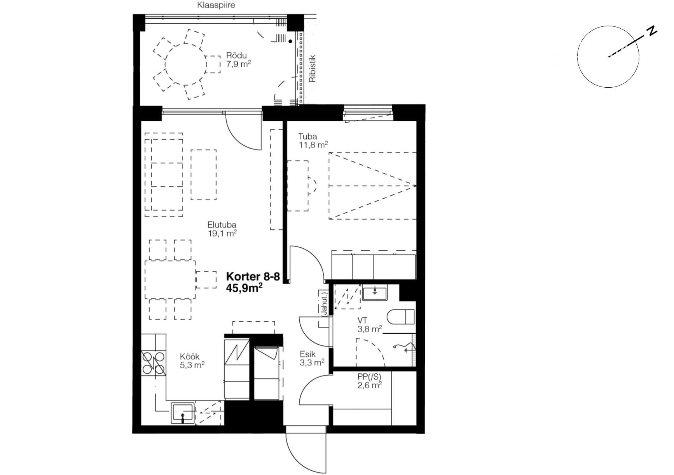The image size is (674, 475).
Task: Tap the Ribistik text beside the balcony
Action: [312, 69]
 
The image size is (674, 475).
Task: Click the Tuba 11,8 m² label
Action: [313, 140]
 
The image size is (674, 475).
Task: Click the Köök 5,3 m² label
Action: [192, 361]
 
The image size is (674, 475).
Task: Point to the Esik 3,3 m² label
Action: [312, 358]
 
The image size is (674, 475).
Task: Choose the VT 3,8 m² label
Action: [369, 325]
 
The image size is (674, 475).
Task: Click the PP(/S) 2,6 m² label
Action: [369, 381]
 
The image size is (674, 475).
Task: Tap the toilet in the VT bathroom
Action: [402, 317]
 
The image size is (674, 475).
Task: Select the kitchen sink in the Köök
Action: [183, 413]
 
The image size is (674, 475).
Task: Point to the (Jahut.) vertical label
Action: [325, 302]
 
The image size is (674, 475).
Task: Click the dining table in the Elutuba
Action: [170, 279]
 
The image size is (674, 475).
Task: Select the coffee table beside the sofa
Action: [204, 175]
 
